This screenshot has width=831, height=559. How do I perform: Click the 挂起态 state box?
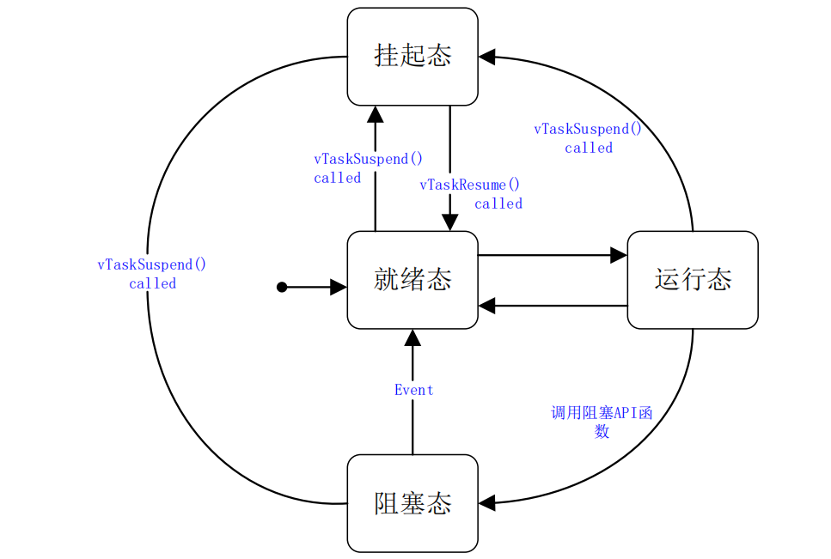point(412,57)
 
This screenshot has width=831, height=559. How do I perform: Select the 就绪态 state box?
point(412,280)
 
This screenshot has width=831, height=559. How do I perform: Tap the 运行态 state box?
point(693,280)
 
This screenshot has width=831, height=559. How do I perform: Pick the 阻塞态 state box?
point(412,503)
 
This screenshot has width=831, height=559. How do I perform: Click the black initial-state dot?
point(282,288)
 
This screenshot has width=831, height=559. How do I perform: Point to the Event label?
point(413,390)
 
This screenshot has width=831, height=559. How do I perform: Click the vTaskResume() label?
point(470,185)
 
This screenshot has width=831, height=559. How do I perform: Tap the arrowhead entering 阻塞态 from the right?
point(487,504)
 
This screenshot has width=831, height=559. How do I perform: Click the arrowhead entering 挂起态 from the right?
point(487,57)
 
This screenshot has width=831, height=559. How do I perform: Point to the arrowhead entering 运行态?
point(619,255)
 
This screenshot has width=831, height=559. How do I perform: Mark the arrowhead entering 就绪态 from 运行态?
point(487,305)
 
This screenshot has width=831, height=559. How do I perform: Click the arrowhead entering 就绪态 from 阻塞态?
point(412,337)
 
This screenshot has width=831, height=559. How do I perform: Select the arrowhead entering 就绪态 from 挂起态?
point(449,222)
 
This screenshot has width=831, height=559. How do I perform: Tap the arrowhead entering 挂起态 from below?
point(376,114)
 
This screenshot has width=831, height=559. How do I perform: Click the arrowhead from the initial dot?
point(339,288)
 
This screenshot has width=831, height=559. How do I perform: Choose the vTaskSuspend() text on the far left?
point(152,264)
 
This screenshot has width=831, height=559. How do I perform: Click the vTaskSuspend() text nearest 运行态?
point(588,129)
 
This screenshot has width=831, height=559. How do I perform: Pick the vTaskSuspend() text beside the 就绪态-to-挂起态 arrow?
point(369,159)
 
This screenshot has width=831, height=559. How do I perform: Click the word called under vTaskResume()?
point(498,204)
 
